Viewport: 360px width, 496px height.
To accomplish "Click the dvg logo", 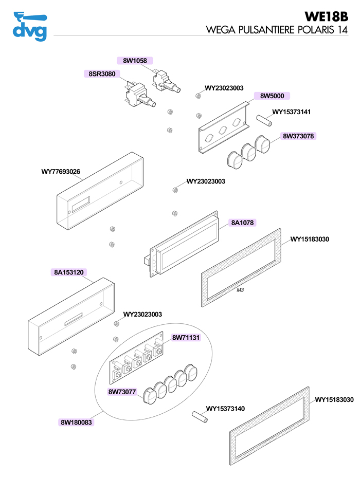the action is (30, 26).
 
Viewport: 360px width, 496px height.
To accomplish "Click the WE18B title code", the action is (326, 16).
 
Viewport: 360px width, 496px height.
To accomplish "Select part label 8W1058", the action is (135, 61).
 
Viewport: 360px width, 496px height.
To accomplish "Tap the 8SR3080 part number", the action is (102, 74).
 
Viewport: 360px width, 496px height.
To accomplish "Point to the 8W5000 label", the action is (272, 96).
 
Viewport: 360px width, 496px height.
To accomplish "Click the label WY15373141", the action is (291, 112).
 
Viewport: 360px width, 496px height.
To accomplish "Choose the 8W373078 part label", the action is (298, 136).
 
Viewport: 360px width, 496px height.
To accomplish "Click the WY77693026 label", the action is (61, 172).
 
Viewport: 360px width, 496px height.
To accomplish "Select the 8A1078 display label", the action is (242, 223).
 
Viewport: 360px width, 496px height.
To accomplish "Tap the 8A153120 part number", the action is (69, 272).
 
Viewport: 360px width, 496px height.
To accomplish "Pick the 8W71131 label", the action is (186, 338).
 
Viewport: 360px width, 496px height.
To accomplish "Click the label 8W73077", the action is (122, 392).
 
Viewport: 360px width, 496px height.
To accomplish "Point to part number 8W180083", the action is (76, 422).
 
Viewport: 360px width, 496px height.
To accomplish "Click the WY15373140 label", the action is (225, 409).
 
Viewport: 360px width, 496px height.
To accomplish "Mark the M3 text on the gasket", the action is (240, 290).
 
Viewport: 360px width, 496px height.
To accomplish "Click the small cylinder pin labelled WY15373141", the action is (264, 120).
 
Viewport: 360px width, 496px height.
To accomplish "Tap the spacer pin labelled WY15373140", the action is (200, 417).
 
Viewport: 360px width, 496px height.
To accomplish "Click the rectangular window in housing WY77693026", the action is (81, 205).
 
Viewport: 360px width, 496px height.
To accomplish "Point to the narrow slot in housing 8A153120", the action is (74, 319).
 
